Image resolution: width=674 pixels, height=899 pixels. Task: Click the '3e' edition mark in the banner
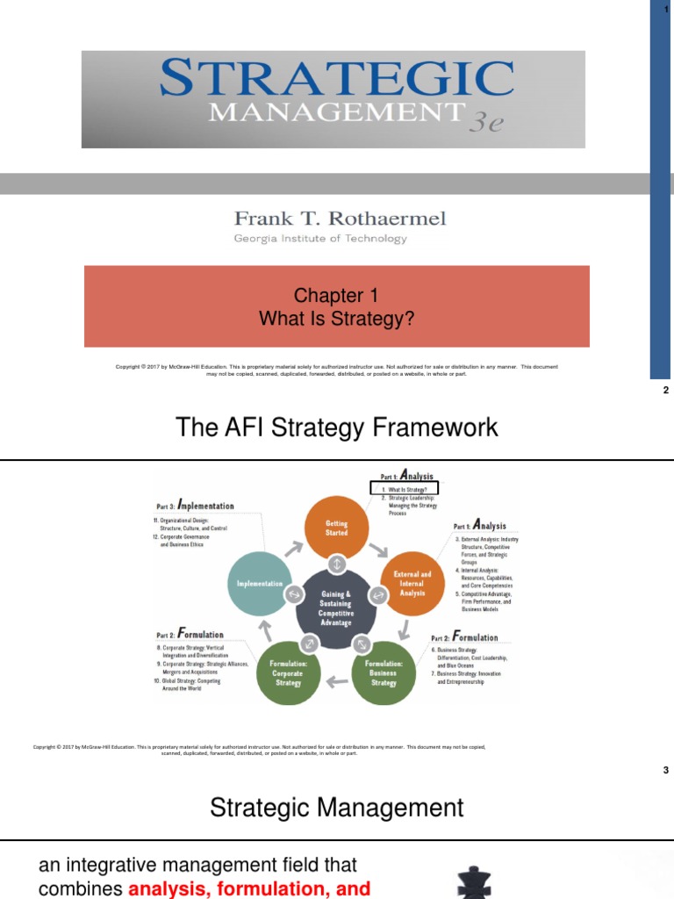point(485,122)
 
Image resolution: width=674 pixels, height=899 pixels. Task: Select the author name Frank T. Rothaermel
point(340,219)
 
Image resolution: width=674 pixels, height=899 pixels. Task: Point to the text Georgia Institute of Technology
point(319,239)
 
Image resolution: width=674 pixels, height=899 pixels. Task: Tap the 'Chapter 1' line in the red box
point(336,296)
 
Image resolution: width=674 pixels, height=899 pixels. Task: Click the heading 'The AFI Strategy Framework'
point(337,428)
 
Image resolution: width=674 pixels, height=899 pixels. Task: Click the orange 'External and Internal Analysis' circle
point(412,583)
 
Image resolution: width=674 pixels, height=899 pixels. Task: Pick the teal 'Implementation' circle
point(260,583)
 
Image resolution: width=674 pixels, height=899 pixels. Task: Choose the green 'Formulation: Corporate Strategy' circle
point(287,672)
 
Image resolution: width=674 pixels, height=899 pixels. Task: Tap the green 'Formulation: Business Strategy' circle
point(384,672)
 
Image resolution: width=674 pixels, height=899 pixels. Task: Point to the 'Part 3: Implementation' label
point(195,506)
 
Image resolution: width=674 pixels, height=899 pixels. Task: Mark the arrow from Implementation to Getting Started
point(293,547)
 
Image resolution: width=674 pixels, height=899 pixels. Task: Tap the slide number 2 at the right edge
point(666,391)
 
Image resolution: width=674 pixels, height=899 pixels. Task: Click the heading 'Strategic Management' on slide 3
point(337,807)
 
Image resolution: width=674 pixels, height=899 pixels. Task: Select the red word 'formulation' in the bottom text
point(286,888)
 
